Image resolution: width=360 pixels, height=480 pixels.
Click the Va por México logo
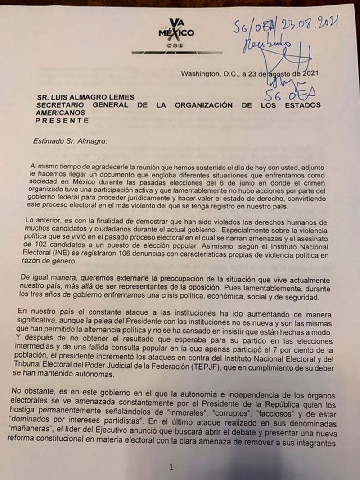[176, 32]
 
